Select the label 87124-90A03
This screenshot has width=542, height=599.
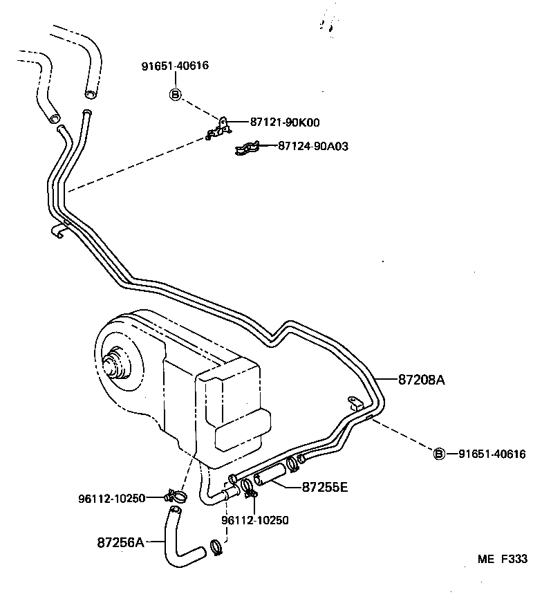313,146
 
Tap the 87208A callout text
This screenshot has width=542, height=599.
421,379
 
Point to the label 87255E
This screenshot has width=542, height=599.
324,486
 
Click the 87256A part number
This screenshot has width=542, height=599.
120,542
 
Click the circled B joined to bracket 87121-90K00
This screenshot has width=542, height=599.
175,94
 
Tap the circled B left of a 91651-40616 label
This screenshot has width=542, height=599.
439,454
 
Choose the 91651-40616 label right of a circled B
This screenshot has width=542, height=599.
492,454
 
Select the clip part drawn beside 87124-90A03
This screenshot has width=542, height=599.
247,147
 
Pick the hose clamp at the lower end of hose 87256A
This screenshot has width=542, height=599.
216,548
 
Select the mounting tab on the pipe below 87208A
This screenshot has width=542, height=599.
353,403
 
